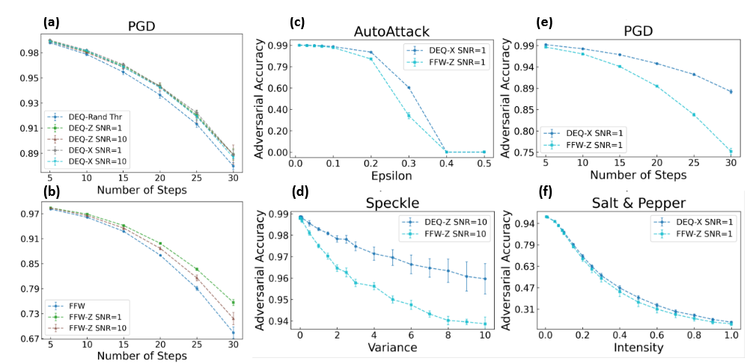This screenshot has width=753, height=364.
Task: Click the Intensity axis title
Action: coord(628,348)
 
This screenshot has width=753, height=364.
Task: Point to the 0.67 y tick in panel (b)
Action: coord(31,339)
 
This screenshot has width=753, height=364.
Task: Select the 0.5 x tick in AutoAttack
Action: coord(484,163)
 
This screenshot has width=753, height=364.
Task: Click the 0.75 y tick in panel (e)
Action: coord(524,152)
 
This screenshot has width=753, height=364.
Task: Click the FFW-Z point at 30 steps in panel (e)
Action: coord(731,152)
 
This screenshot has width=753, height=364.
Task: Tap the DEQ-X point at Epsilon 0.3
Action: coord(409,87)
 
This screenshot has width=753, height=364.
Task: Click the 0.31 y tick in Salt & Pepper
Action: coord(524,309)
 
